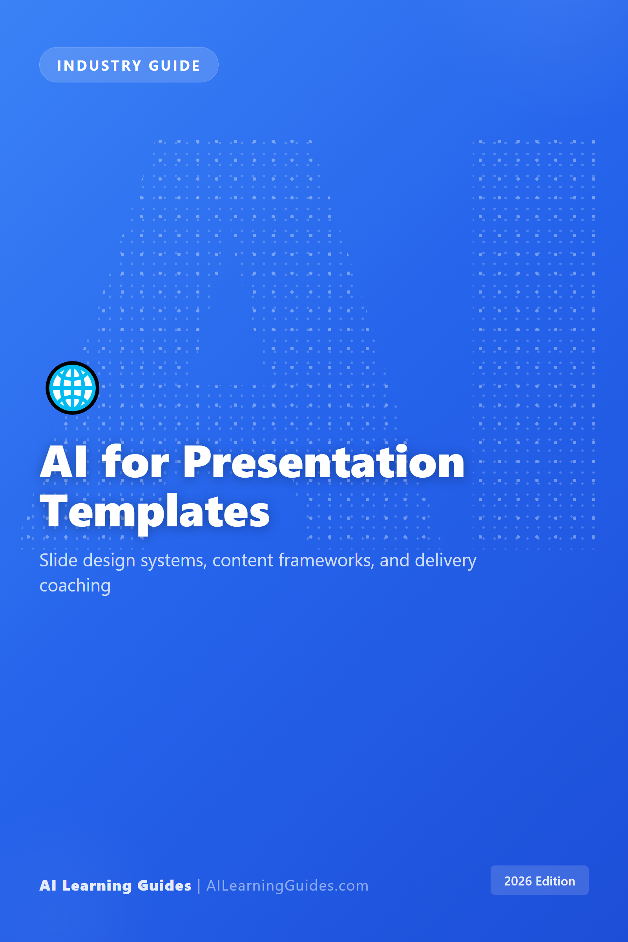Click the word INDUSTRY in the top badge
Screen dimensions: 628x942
[99, 66]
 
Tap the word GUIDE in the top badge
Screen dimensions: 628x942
[174, 66]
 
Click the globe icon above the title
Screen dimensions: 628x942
[73, 388]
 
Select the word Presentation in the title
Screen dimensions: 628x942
[323, 463]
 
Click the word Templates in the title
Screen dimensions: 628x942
[155, 513]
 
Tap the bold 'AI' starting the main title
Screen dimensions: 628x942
[63, 463]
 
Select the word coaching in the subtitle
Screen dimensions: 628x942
[75, 586]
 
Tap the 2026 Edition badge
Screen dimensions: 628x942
[539, 880]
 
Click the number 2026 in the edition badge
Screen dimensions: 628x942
[517, 881]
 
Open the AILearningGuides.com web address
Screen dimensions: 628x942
[287, 885]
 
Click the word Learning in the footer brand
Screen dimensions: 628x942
[97, 885]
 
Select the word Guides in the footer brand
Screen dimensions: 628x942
[164, 885]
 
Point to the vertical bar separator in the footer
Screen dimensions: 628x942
[199, 886]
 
